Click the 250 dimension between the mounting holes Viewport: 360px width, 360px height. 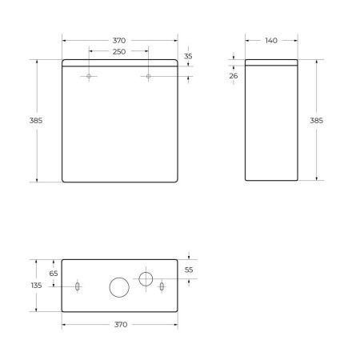(x=119, y=52)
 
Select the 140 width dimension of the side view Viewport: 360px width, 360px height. (x=271, y=41)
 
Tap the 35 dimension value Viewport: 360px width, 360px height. (x=188, y=57)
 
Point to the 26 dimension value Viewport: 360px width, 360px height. (x=234, y=76)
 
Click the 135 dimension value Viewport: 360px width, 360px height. (x=36, y=286)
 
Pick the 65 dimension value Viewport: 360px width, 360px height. (x=54, y=274)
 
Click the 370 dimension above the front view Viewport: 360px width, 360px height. (x=119, y=41)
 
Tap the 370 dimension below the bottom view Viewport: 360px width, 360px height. (x=119, y=325)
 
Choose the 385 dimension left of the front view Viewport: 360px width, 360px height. (x=36, y=120)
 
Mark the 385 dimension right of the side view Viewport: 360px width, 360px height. (x=317, y=120)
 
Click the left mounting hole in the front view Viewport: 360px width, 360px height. (x=89, y=77)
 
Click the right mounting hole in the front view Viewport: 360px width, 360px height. (x=149, y=77)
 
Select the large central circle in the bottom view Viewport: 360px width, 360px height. (x=119, y=286)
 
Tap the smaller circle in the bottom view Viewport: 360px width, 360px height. (x=146, y=278)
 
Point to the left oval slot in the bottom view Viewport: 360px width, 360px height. (x=77, y=286)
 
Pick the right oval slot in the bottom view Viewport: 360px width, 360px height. (x=162, y=286)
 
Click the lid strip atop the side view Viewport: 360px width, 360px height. (x=271, y=64)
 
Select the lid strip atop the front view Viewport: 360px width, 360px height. (x=119, y=64)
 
